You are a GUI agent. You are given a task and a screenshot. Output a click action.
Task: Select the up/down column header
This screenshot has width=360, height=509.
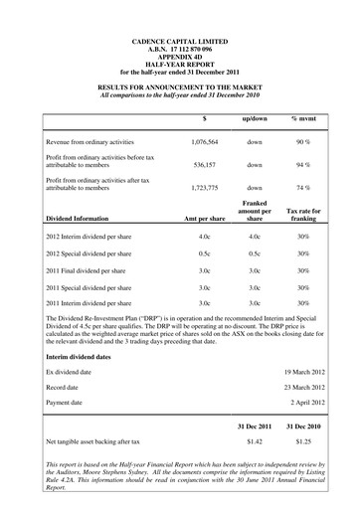254,118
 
